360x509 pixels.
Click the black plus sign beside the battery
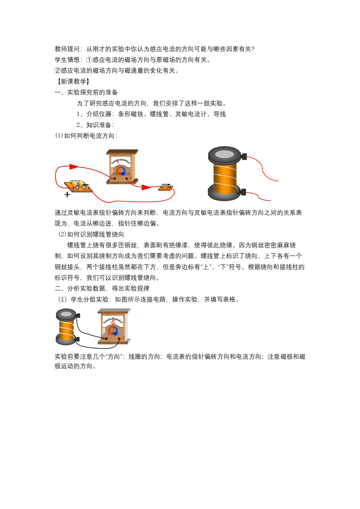(67, 194)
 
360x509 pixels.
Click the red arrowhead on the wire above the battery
(74, 167)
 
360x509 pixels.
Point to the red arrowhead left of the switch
(146, 188)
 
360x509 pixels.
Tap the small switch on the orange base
(166, 187)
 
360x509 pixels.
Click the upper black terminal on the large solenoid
(244, 157)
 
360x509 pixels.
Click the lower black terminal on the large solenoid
(243, 192)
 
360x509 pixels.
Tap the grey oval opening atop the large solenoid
(224, 154)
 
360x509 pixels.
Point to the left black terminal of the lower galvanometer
(106, 339)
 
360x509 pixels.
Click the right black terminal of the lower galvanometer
(119, 339)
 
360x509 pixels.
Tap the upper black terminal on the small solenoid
(78, 315)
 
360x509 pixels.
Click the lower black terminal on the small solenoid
(78, 339)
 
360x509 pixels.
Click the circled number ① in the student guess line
(89, 60)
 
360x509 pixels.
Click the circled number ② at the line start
(58, 71)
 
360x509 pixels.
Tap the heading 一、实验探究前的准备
(86, 92)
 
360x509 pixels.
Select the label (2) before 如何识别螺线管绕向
(62, 234)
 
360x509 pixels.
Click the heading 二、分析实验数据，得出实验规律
(102, 288)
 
